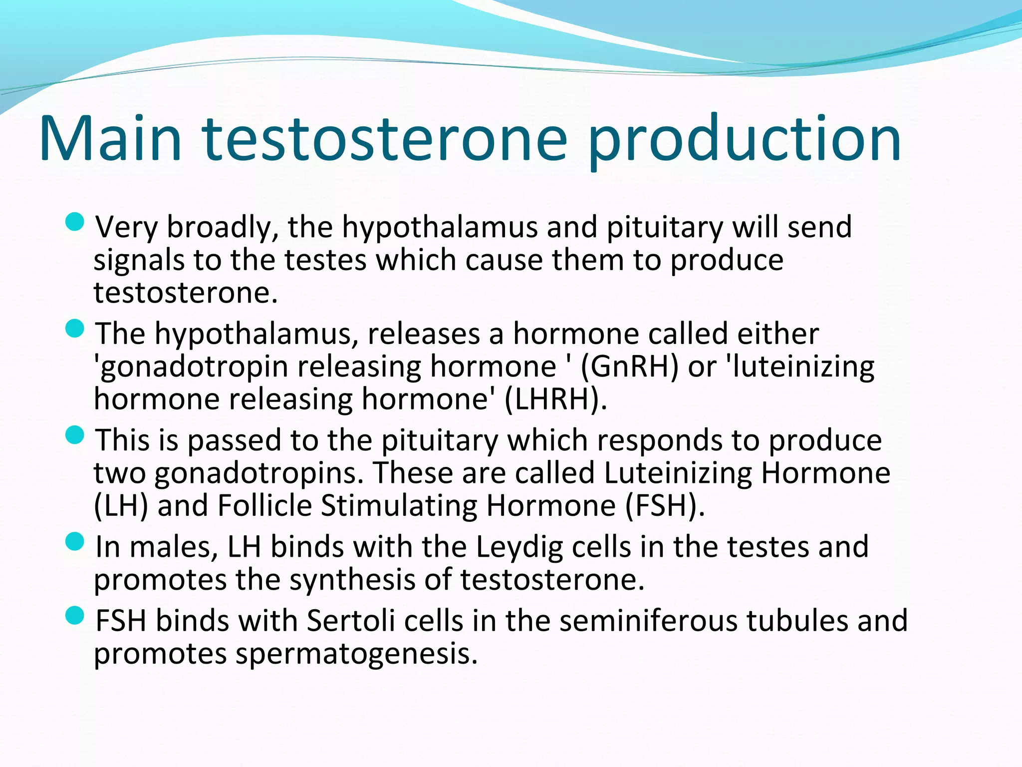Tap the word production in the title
(x=744, y=142)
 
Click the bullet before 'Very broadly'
(x=75, y=222)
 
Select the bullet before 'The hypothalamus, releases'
(x=75, y=329)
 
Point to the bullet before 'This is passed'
(x=75, y=435)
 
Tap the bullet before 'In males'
(x=75, y=541)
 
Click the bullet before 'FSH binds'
(x=75, y=615)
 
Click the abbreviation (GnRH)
(x=630, y=367)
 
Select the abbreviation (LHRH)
(x=556, y=399)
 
